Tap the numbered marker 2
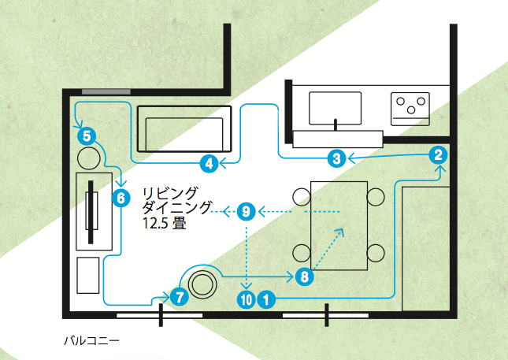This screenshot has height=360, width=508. coord(439,155)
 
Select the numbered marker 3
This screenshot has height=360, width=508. coord(336,158)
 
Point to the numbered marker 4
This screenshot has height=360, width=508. coord(209,163)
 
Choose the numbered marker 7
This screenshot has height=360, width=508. coord(179,297)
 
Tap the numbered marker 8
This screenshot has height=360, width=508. coord(304,276)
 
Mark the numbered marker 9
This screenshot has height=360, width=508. coord(246,211)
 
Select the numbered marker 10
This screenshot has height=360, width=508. coord(245,299)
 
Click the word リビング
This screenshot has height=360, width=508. coord(170,191)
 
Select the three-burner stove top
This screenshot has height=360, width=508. coord(411,106)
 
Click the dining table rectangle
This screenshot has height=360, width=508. coord(339,225)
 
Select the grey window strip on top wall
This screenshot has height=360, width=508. coord(106,92)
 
